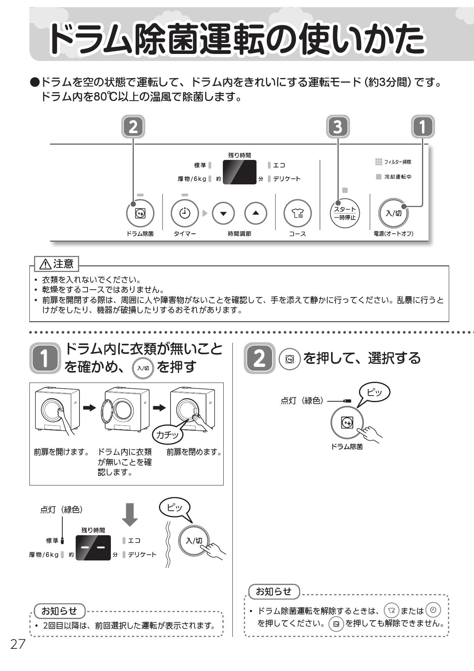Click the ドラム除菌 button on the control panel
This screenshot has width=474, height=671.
pos(140,213)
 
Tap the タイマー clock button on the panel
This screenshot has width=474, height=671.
pos(185,213)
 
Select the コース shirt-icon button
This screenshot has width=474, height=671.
pos(297,213)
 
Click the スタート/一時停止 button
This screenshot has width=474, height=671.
pos(345,213)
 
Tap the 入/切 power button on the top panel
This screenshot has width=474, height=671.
pos(393,213)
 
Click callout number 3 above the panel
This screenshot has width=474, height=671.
pos(338,127)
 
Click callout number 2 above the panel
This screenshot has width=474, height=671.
pos(133,127)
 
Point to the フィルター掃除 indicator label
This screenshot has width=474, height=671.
pos(398,162)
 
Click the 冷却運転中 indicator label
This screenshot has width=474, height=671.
pos(398,177)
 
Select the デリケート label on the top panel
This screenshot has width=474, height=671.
pos(287,179)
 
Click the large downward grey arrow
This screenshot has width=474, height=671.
pos(130,515)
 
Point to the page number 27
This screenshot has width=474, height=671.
pos(18,645)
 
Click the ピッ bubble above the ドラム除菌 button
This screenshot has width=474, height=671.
pos(374,393)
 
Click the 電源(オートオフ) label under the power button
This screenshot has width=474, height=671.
pos(393,234)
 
